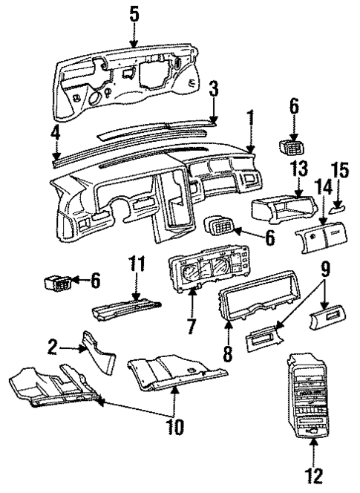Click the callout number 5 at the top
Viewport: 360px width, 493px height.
pyautogui.click(x=134, y=12)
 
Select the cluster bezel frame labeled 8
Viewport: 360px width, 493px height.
pyautogui.click(x=256, y=304)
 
